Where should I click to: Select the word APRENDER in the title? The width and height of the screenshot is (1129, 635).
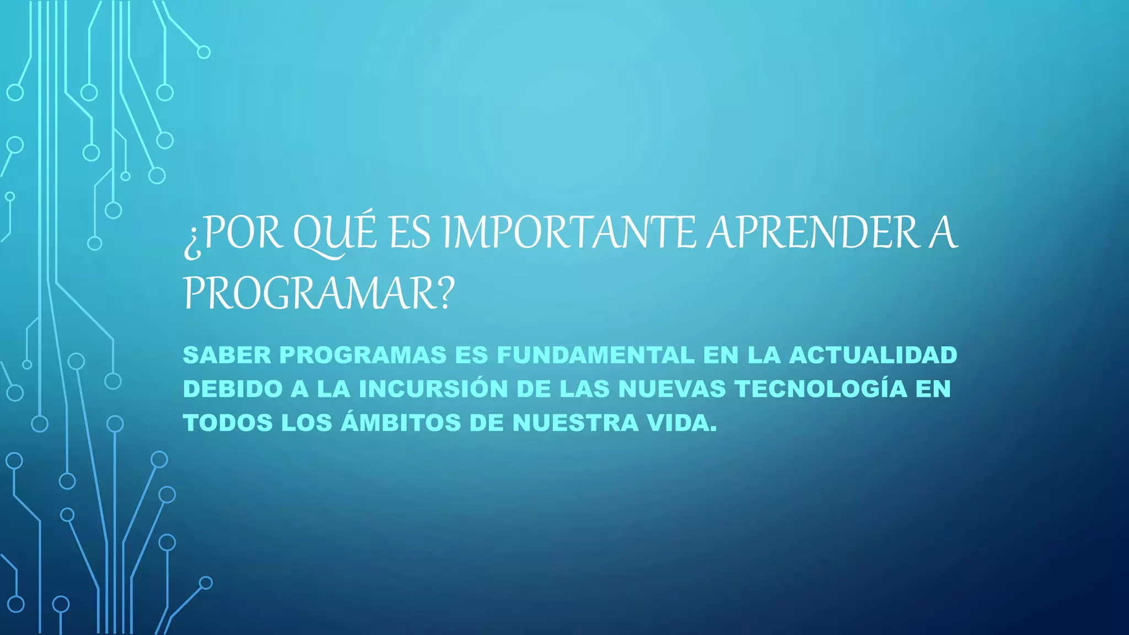coord(813,233)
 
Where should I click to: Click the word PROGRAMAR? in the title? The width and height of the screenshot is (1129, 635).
coord(319,293)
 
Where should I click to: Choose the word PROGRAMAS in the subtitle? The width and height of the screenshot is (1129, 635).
coord(363,355)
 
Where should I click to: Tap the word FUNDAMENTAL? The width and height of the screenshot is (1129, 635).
coord(595,355)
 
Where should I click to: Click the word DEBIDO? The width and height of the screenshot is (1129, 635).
coord(233,389)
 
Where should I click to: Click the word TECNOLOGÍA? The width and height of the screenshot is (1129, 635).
coord(821,389)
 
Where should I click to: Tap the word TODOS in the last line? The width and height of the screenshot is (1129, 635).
coord(228,423)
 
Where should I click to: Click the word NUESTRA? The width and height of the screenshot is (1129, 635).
coord(575,423)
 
